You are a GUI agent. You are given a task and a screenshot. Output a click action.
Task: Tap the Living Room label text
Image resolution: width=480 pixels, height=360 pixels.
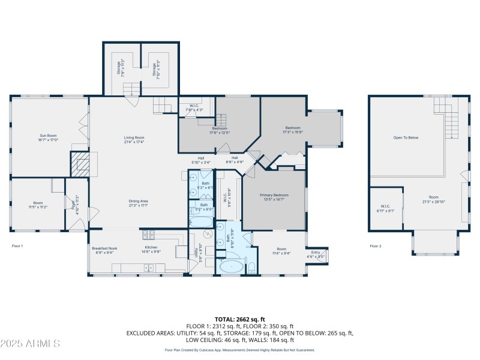click(134, 139)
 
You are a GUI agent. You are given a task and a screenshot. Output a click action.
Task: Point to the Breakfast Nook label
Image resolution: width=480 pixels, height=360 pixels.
click(104, 250)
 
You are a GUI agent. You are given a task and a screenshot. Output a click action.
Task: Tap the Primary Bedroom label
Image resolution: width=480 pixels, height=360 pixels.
click(274, 197)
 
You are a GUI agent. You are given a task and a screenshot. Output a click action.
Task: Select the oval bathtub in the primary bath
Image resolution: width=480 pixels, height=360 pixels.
click(230, 266)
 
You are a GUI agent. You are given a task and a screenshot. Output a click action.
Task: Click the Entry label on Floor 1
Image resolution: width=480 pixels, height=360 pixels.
click(315, 254)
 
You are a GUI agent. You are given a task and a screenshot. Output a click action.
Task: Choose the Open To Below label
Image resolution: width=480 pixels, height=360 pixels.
click(406, 137)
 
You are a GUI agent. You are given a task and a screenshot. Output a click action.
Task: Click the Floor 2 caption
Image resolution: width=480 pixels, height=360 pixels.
click(376, 246)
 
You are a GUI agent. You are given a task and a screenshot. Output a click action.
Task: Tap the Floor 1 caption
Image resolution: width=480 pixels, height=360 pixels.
click(17, 246)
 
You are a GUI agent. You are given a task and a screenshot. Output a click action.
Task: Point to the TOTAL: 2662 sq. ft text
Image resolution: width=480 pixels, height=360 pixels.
click(239, 319)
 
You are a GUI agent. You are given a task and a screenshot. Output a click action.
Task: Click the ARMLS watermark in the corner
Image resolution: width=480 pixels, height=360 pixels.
click(30, 344)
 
